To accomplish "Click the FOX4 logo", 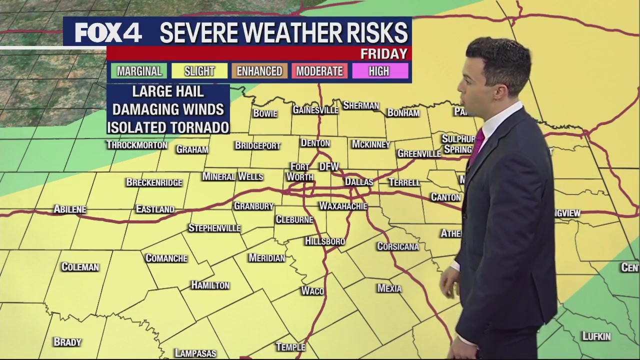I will pyautogui.click(x=108, y=32).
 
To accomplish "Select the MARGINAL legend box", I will pyautogui.click(x=139, y=71).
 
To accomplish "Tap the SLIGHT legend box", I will pyautogui.click(x=199, y=71).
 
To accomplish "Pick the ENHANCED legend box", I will pyautogui.click(x=259, y=71).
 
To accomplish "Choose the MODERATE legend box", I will pyautogui.click(x=319, y=71).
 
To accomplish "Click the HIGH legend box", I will pyautogui.click(x=379, y=71).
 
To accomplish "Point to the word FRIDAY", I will pyautogui.click(x=384, y=54).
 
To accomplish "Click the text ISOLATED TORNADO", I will pyautogui.click(x=168, y=127).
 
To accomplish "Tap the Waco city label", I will pyautogui.click(x=312, y=291).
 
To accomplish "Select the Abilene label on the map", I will pyautogui.click(x=70, y=209).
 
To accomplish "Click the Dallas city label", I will pyautogui.click(x=359, y=182).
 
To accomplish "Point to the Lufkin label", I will pyautogui.click(x=596, y=336).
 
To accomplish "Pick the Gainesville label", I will pyautogui.click(x=315, y=110).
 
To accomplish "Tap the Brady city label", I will pyautogui.click(x=67, y=342).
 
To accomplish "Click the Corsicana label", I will pyautogui.click(x=398, y=246).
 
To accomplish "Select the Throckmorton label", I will pyautogui.click(x=137, y=145).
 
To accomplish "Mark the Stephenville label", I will pyautogui.click(x=214, y=228).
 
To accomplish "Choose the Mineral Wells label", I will pyautogui.click(x=232, y=176).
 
